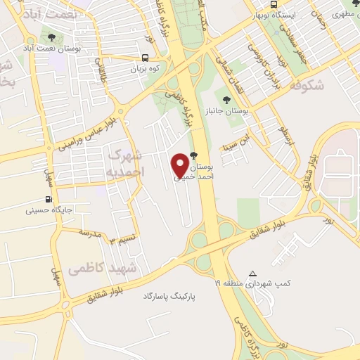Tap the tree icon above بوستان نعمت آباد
point(51,37)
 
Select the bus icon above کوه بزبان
point(145,59)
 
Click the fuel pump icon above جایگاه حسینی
point(49,200)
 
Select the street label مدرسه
point(90,232)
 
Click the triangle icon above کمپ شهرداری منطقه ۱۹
point(254,274)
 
